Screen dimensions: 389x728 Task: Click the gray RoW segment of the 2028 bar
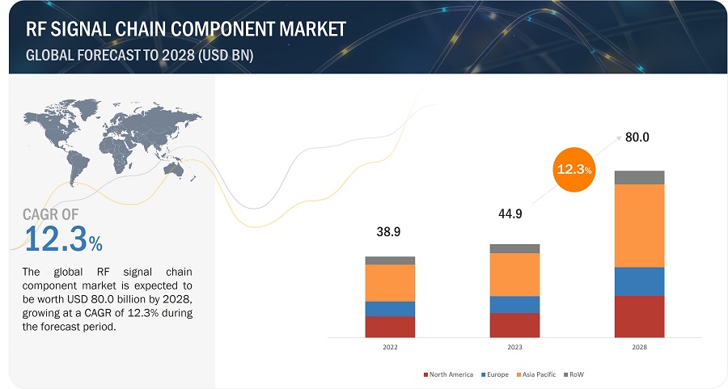coord(639,177)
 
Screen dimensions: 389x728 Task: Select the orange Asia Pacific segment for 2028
coord(639,226)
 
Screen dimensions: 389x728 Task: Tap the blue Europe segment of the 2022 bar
coord(390,309)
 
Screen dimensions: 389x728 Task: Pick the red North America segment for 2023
coord(514,325)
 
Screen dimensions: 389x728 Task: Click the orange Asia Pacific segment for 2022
coord(390,283)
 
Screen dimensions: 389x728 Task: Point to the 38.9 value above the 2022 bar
coord(390,232)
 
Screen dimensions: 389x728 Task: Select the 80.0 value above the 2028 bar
coord(637,137)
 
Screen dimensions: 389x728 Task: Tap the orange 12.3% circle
coord(574,169)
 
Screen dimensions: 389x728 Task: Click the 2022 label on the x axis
coord(390,347)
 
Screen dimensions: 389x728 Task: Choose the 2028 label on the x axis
coord(639,347)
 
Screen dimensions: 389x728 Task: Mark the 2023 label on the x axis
coord(514,347)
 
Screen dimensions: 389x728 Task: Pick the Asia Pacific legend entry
coord(539,374)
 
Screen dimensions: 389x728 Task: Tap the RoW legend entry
coord(577,374)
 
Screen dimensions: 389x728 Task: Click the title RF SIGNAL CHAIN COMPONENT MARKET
coord(186,29)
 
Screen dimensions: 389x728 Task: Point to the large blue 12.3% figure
coord(63,239)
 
